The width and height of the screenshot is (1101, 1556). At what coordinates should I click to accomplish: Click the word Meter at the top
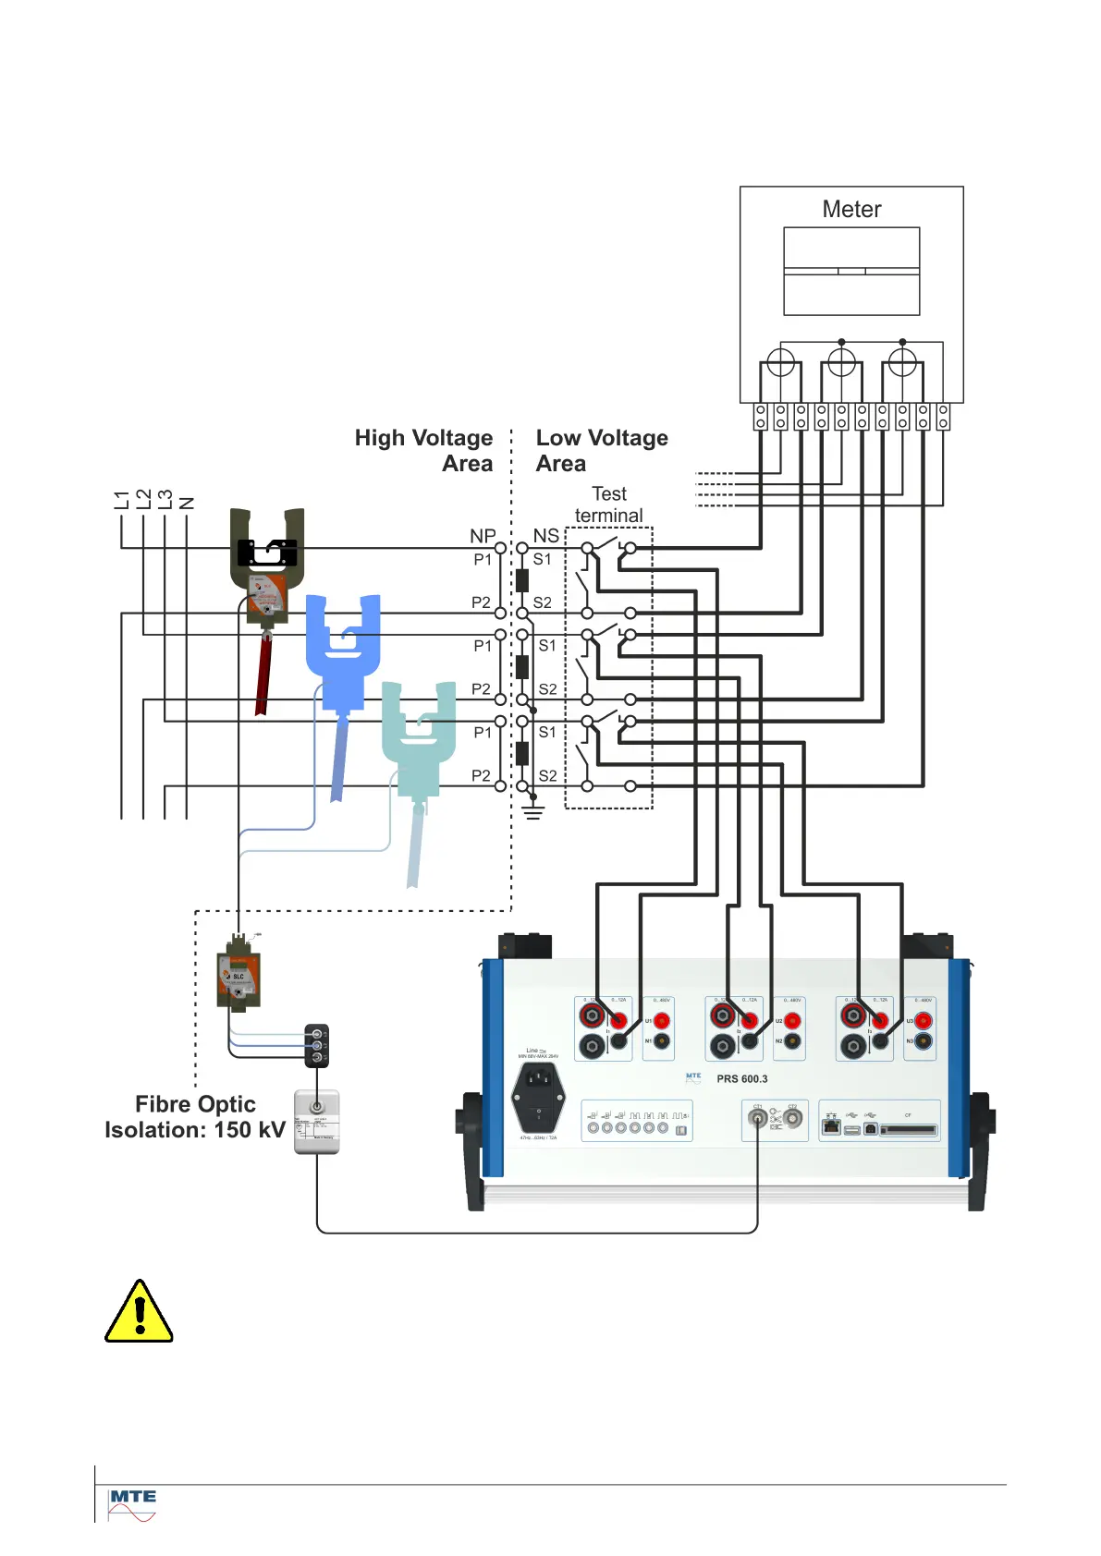pos(851,210)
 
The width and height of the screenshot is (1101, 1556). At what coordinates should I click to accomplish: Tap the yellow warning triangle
pos(139,1313)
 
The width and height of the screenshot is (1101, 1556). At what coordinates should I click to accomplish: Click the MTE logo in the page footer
pos(132,1504)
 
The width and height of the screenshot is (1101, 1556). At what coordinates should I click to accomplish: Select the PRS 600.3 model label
pos(741,1079)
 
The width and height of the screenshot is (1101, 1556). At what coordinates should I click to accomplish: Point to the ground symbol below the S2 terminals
pos(533,812)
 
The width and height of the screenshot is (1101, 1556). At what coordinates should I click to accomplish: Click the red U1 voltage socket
pos(662,1022)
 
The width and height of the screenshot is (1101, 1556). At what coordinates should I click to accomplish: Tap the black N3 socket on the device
pos(924,1042)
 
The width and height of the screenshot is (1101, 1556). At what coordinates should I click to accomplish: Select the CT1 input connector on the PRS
pos(758,1119)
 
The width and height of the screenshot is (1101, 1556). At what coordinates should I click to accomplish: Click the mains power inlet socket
pos(538,1096)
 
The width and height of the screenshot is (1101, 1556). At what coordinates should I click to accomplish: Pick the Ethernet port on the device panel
pos(832,1127)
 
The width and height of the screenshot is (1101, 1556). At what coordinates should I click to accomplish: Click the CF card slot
pos(908,1129)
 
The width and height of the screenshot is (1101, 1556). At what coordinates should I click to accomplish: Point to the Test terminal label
pos(608,504)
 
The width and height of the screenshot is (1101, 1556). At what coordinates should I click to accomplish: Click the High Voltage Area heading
pos(424,450)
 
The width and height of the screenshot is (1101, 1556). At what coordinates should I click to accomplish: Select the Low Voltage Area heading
pos(601,450)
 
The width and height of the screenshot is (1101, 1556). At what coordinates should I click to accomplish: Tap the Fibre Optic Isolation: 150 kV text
pos(195,1117)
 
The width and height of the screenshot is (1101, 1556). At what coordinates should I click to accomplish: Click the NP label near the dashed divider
pos(483,536)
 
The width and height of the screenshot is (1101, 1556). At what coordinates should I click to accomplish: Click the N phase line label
pos(187,503)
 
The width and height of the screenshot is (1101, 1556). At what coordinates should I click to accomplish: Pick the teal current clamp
pos(419,730)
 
